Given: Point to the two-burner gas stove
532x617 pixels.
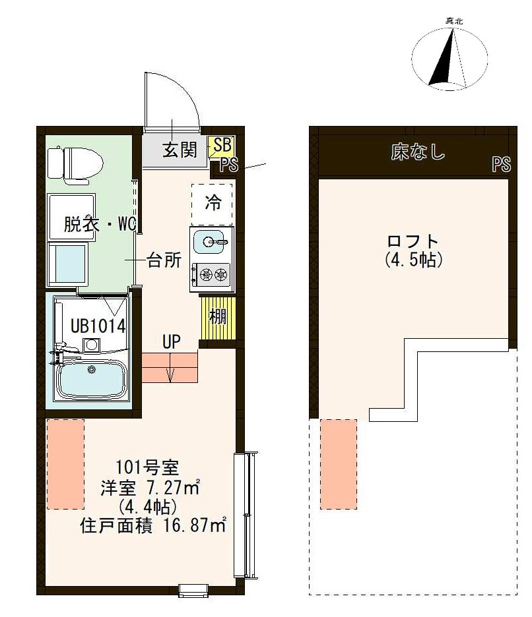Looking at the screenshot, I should pyautogui.click(x=211, y=272).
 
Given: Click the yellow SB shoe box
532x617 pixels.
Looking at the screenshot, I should pyautogui.click(x=221, y=146).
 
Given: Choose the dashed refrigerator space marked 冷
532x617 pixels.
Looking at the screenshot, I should pyautogui.click(x=213, y=202).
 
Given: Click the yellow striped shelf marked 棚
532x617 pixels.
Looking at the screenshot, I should pyautogui.click(x=218, y=316).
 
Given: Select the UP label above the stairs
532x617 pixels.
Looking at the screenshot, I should pyautogui.click(x=172, y=342).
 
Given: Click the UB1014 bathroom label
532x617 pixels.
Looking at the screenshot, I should pyautogui.click(x=98, y=326).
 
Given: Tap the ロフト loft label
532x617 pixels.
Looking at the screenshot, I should pyautogui.click(x=413, y=242).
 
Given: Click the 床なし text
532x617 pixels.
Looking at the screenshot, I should pyautogui.click(x=418, y=154).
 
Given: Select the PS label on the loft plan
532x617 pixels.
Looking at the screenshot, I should pyautogui.click(x=501, y=164).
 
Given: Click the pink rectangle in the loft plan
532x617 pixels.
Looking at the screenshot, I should pyautogui.click(x=338, y=463).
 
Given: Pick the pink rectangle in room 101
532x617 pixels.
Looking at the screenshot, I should pyautogui.click(x=65, y=463).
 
